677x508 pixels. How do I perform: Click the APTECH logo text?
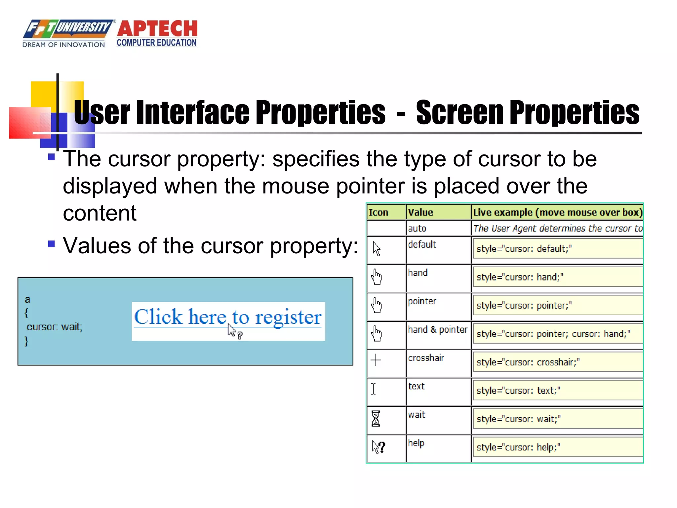pos(157,29)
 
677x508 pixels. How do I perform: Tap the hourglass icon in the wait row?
pos(376,418)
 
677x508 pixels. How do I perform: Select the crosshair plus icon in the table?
pos(376,360)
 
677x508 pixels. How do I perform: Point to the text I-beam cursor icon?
pos(374,389)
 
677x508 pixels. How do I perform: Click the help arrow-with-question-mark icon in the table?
pos(378,447)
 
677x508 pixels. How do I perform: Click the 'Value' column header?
pos(420,212)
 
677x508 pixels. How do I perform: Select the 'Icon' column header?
pos(378,212)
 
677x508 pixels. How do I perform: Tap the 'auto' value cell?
pos(417,228)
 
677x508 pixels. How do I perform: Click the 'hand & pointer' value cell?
pos(438,329)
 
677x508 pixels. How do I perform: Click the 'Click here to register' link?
pos(228,317)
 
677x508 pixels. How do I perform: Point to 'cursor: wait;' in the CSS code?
pos(55,327)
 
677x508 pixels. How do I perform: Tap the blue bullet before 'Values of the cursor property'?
pos(51,244)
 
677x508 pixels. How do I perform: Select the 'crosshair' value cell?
pos(426,358)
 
